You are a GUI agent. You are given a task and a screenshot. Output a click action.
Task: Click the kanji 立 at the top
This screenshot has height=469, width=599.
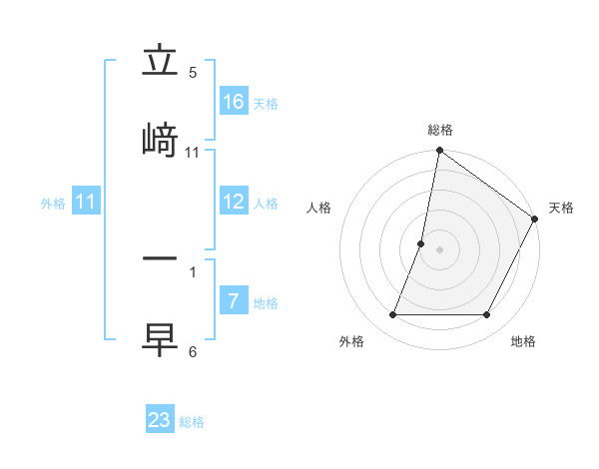[160, 63]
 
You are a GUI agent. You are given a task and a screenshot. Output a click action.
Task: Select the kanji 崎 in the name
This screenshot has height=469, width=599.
[160, 139]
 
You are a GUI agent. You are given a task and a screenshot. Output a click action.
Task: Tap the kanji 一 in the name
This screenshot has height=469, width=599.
[160, 258]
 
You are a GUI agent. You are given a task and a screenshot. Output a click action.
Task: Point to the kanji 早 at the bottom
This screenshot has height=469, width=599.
[160, 337]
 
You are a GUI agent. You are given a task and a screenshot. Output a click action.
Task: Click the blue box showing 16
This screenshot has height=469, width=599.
[234, 102]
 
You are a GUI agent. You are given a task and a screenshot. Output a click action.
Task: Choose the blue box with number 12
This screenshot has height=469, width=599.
[234, 203]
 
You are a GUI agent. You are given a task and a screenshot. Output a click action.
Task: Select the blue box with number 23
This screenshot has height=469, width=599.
[160, 420]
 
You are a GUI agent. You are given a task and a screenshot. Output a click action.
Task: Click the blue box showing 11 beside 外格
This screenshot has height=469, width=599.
[86, 203]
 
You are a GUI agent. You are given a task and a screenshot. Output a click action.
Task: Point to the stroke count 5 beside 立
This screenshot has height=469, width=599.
[193, 73]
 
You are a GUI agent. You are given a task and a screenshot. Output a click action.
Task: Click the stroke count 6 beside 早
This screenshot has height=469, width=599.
[193, 351]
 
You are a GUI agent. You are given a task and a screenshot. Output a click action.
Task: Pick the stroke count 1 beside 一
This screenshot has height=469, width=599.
[193, 271]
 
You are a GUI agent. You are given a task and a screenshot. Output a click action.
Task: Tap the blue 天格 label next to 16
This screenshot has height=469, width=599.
[266, 103]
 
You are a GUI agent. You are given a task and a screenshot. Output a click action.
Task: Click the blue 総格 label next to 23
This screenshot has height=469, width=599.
[192, 421]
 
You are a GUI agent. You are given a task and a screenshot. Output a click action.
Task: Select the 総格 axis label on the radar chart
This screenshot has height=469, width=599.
[440, 130]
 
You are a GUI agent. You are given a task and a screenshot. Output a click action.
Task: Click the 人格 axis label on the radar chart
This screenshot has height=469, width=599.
[319, 208]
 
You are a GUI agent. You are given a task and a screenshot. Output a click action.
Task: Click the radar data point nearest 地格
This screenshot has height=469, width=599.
[487, 315]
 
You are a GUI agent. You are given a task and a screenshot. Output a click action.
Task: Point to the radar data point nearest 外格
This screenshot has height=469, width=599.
[392, 315]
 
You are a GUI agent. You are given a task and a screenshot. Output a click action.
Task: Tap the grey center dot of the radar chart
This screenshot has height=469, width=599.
[440, 249]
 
